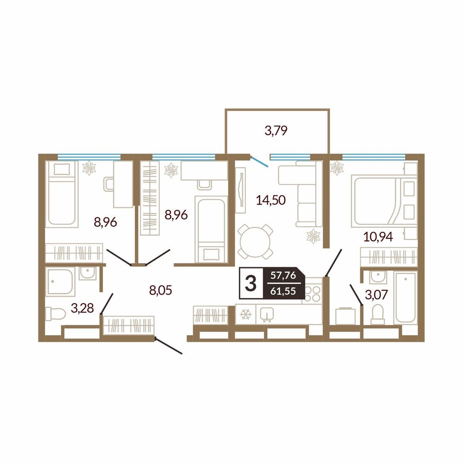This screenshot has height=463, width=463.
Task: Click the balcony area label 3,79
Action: coord(276,131)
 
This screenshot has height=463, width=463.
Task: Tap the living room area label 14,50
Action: coord(271,200)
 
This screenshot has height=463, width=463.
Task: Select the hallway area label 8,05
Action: coord(161,290)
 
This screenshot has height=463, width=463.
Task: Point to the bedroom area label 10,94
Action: coord(378,237)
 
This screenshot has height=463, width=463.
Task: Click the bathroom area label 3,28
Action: coord(82,308)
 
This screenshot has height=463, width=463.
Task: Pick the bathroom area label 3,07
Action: coord(376,294)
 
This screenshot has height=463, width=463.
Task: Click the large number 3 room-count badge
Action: coord(250,283)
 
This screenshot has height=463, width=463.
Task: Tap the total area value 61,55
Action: coord(283,291)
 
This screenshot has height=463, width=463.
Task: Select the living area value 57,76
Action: coord(283,275)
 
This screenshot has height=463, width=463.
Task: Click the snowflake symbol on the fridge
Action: coord(245,314)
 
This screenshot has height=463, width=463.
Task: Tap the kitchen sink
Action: coord(267,314)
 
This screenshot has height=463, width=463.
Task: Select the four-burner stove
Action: coord(313,290)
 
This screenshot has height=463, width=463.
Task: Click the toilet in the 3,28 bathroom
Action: coord(56,313)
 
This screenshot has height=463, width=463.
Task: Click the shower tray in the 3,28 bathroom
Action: coord(60,282)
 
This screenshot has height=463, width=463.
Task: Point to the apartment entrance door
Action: coord(169,345)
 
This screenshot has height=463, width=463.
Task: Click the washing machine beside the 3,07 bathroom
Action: coord(345,316)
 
